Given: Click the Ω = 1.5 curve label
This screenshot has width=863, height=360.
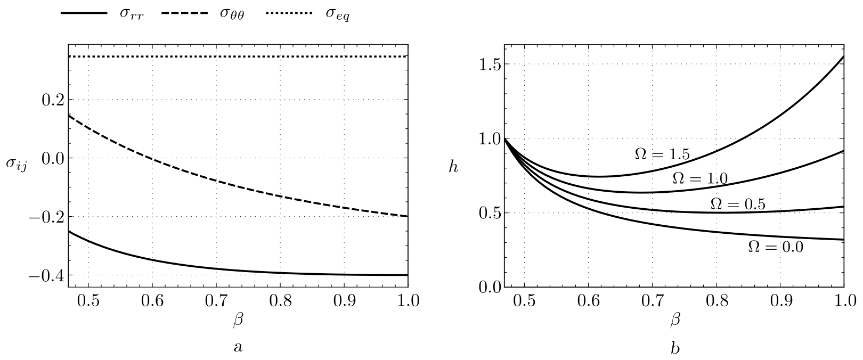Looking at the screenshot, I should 662,154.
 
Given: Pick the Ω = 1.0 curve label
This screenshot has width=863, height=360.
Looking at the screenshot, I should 700,178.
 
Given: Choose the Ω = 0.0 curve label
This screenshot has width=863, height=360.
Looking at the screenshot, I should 775,247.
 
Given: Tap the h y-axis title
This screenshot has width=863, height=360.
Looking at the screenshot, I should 453,167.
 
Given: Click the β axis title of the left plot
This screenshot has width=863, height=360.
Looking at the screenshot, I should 238,320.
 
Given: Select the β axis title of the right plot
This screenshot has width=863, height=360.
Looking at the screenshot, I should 674,320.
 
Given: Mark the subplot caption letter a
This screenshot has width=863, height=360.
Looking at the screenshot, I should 238,348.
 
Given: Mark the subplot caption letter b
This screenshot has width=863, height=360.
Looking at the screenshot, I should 674,348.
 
